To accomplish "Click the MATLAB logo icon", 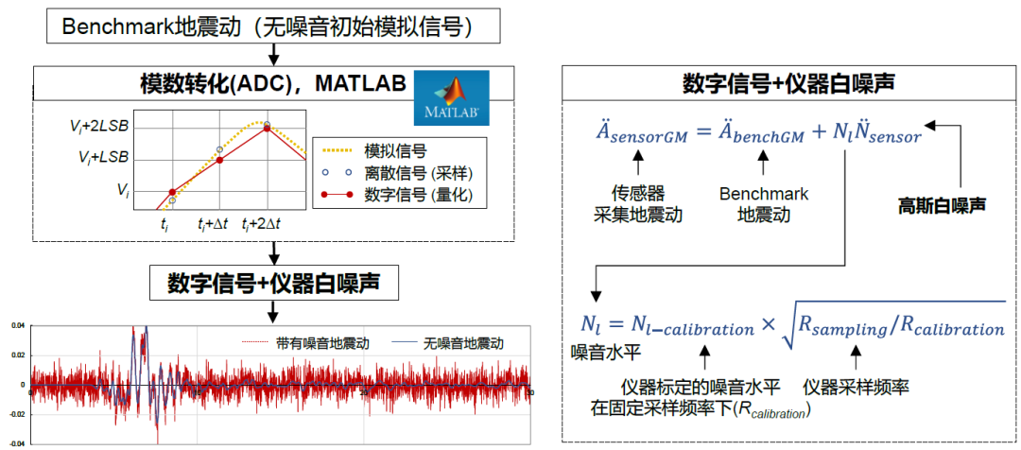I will [450, 98].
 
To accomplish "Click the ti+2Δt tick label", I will [266, 224].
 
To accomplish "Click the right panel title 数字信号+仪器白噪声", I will [790, 83].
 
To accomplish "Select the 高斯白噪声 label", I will [942, 203].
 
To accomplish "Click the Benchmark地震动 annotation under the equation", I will [764, 203].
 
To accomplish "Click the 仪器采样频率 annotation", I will [857, 388].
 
